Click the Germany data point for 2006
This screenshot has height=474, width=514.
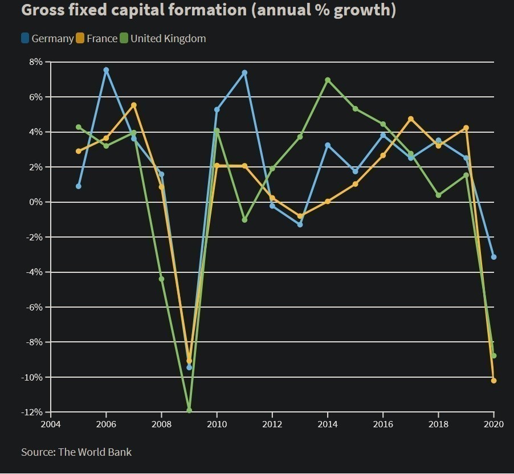106,70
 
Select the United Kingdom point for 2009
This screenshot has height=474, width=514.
189,410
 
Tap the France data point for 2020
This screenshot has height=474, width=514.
493,381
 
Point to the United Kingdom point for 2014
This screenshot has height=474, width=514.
328,80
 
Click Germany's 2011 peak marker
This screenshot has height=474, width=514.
244,73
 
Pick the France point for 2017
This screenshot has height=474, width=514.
411,119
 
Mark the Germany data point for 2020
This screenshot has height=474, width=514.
493,257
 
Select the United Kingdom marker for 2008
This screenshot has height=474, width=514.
161,279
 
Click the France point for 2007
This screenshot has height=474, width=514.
134,105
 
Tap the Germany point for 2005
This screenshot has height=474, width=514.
79,186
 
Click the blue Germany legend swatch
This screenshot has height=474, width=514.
25,38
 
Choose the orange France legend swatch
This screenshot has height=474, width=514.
80,38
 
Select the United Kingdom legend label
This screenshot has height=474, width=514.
168,39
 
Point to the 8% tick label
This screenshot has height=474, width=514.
35,62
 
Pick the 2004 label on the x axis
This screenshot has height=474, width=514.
51,424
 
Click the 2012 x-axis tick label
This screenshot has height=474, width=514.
272,424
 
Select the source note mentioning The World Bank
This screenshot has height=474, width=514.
76,452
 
